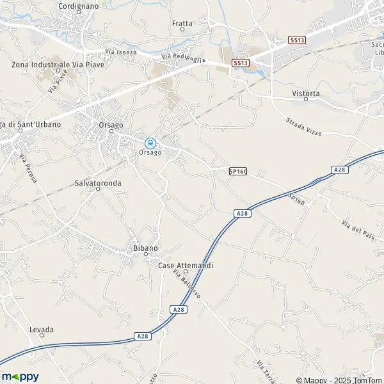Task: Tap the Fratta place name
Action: tap(182, 24)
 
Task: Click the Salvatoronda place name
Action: tap(98, 182)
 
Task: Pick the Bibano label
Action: tap(145, 248)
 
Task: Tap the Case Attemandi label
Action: tap(186, 265)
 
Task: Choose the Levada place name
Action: tap(42, 330)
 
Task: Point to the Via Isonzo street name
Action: tap(120, 52)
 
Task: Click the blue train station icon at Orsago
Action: tap(150, 142)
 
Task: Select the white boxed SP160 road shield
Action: tap(237, 172)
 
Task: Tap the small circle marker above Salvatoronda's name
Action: tap(98, 189)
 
